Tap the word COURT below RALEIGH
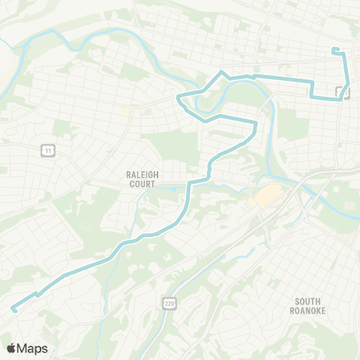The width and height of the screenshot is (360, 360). point(140,184)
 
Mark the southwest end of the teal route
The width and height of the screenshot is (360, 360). point(13,309)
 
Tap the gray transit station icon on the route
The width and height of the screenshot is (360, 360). point(342,93)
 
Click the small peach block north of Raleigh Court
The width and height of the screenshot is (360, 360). point(136,115)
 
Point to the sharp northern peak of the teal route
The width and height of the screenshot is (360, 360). point(221,71)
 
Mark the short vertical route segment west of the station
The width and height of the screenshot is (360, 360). point(313,88)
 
